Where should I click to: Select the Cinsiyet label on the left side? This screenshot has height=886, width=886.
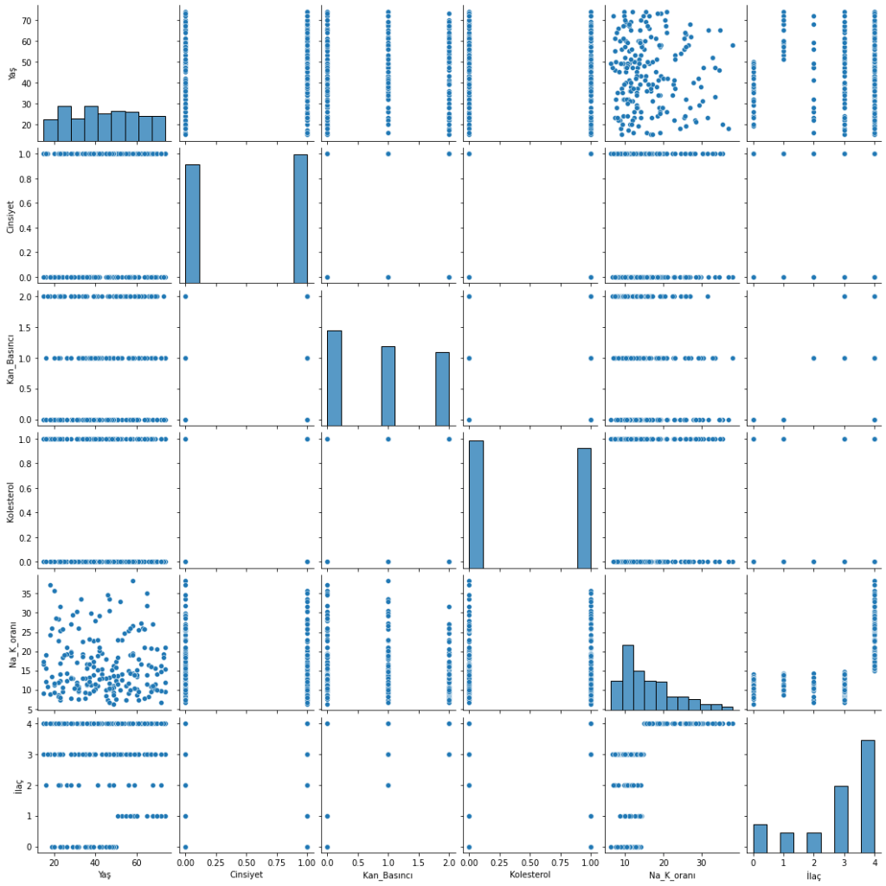coord(11,215)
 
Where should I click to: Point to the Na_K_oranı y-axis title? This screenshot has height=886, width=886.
coord(11,642)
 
